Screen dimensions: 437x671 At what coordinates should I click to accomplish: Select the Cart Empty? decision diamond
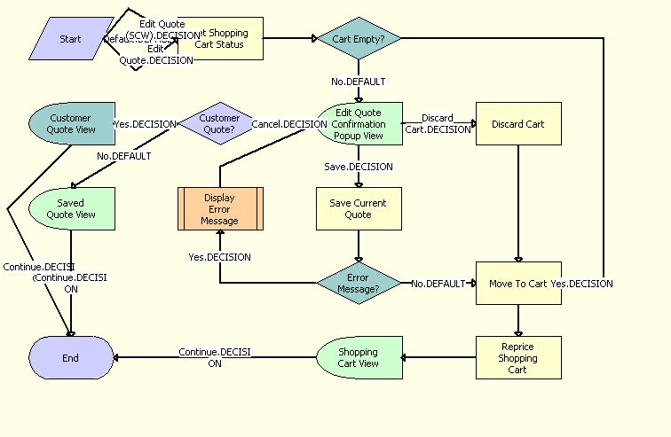359,39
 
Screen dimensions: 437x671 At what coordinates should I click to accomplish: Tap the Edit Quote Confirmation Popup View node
359,124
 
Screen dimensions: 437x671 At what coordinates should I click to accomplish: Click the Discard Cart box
518,124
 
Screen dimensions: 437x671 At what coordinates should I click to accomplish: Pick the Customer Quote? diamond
218,124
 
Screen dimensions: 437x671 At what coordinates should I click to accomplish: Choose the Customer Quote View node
71,123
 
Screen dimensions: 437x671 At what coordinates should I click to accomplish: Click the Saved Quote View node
71,208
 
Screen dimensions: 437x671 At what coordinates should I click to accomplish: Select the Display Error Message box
220,208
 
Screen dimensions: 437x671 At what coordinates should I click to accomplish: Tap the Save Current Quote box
359,208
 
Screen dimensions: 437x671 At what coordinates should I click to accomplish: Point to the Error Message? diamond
359,284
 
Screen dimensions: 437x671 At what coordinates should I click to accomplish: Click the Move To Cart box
518,284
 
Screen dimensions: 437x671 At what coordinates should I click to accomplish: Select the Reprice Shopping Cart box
518,357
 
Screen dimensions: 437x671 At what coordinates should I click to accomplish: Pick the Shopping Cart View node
359,357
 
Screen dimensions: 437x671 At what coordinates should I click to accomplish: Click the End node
71,358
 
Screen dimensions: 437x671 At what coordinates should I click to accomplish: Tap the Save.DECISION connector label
359,167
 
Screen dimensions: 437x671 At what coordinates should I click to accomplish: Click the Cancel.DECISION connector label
288,124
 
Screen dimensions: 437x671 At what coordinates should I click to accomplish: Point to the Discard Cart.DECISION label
438,123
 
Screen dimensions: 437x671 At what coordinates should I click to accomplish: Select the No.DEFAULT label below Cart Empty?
359,82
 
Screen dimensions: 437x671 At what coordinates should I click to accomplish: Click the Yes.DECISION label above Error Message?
219,257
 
